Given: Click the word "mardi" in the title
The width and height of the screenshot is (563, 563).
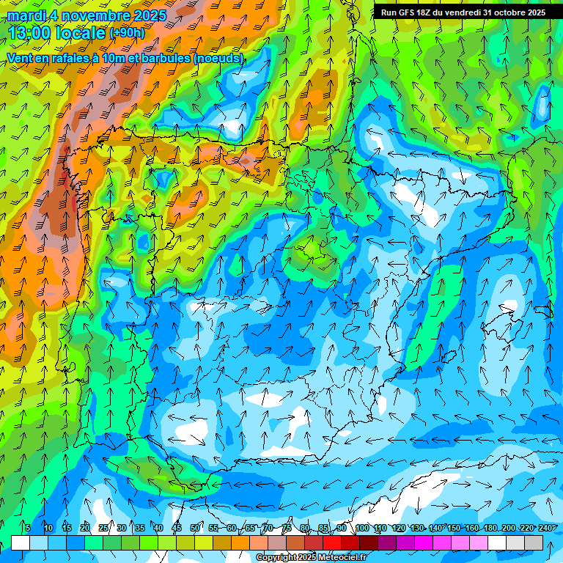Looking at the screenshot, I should click(x=26, y=15).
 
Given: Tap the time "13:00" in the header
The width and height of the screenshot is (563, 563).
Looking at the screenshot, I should click(x=29, y=33).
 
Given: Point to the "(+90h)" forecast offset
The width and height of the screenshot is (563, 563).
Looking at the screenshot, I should click(x=127, y=33).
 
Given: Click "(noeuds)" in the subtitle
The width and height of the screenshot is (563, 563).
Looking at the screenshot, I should click(x=219, y=58).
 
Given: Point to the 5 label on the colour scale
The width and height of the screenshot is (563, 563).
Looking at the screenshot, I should click(x=28, y=528).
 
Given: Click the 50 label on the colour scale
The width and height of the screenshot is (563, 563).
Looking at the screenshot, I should click(x=194, y=528).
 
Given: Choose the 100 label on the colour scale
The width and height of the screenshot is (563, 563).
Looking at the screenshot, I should click(x=361, y=528).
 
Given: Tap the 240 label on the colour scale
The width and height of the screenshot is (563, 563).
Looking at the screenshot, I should click(x=546, y=528).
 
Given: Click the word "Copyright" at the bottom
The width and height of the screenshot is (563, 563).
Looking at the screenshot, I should click(x=276, y=558).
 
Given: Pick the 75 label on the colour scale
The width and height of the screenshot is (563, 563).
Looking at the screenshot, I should click(x=287, y=528).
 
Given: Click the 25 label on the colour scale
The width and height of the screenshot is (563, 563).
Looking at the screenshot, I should click(x=103, y=528).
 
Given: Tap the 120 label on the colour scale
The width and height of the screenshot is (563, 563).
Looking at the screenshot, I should click(x=398, y=528).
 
